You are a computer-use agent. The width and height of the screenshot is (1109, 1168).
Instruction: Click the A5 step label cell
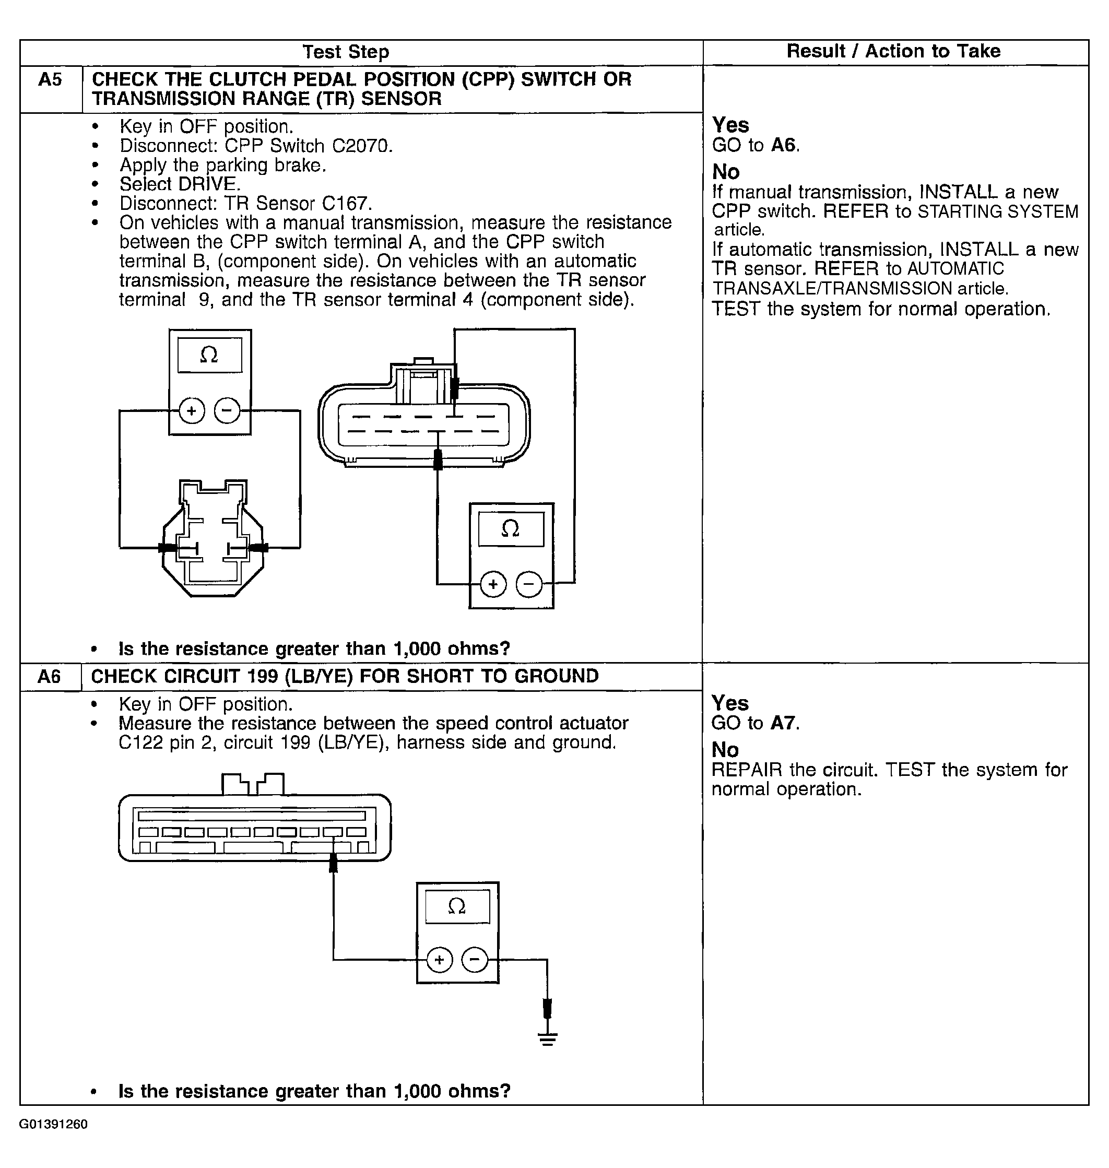50,80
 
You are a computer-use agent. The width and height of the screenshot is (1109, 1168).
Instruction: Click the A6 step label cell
49,676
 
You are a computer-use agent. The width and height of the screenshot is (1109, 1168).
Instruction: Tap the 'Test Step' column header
346,52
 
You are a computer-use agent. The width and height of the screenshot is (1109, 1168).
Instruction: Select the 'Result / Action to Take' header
893,51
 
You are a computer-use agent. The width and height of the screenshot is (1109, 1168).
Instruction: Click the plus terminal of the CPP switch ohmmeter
192,410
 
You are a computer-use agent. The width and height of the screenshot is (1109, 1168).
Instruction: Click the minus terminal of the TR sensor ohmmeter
529,585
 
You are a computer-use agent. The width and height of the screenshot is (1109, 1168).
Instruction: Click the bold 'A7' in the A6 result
783,723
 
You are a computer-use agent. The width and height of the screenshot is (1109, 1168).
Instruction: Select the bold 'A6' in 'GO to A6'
784,145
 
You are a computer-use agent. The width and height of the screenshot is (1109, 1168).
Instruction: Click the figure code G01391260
53,1124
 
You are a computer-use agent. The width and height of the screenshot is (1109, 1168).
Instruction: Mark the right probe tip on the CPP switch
258,548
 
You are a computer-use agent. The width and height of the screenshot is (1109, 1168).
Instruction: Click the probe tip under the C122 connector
334,865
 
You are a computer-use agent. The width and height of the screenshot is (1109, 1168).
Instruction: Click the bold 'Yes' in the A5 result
730,125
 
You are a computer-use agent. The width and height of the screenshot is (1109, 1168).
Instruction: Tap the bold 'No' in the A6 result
725,749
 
